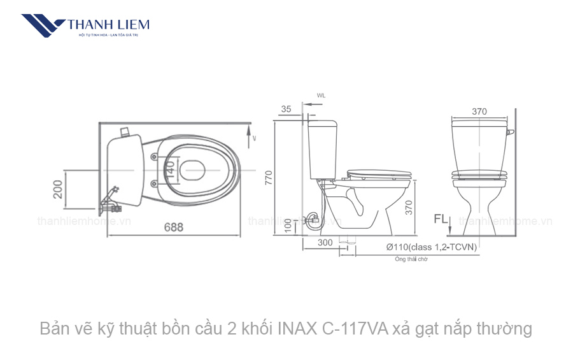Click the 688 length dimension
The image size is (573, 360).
pyautogui.click(x=173, y=227)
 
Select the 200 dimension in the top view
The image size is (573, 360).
pyautogui.click(x=58, y=190)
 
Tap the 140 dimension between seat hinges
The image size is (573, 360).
pyautogui.click(x=170, y=169)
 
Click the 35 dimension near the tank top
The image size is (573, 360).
pyautogui.click(x=286, y=109)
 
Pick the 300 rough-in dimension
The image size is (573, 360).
pyautogui.click(x=325, y=242)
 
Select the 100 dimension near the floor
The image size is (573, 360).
pyautogui.click(x=288, y=224)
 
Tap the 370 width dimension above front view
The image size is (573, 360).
pyautogui.click(x=479, y=112)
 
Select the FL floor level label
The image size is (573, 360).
pyautogui.click(x=441, y=219)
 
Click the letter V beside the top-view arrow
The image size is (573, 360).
pyautogui.click(x=254, y=138)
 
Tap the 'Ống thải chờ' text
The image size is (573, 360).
pyautogui.click(x=411, y=259)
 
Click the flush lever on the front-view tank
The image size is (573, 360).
pyautogui.click(x=511, y=132)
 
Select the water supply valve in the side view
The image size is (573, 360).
pyautogui.click(x=312, y=221)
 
